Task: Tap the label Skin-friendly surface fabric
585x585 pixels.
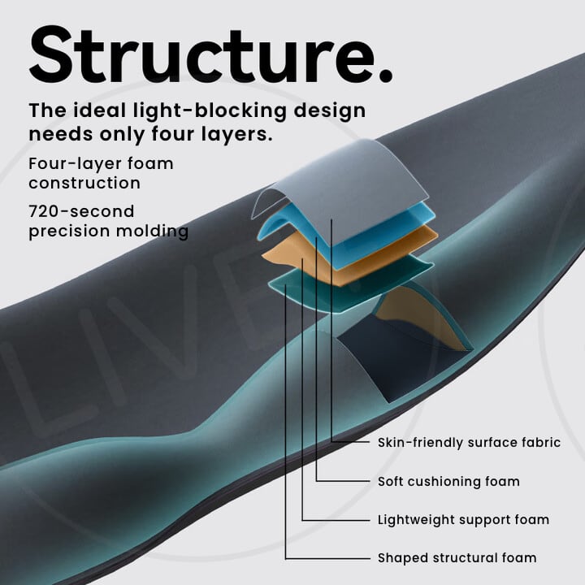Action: (469, 443)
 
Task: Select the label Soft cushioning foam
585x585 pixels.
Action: (448, 481)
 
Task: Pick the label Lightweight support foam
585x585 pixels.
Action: (463, 519)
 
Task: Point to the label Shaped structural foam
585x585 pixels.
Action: (457, 558)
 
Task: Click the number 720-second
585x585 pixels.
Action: (81, 212)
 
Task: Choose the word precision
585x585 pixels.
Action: (71, 232)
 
